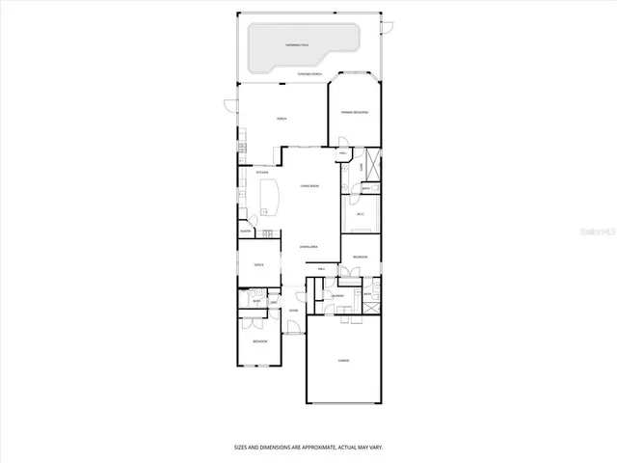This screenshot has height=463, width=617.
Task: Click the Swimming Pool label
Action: [296, 45]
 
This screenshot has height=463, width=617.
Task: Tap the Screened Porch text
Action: [308, 74]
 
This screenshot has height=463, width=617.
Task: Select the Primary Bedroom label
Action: [354, 113]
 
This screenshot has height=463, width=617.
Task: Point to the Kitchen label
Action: [261, 173]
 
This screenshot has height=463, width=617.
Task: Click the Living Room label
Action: [308, 186]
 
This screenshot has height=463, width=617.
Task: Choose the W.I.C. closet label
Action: [361, 214]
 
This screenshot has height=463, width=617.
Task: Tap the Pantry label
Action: [246, 231]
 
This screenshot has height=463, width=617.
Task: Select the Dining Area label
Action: [308, 247]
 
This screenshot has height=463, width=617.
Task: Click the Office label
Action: [258, 264]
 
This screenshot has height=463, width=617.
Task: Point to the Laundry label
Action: [337, 296]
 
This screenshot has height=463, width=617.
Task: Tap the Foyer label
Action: [293, 311]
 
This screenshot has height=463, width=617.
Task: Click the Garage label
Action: [343, 361]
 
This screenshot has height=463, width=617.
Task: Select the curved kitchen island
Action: [271, 198]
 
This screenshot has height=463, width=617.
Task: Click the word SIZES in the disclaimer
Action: [243, 448]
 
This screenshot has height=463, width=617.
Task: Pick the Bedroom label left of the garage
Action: [259, 341]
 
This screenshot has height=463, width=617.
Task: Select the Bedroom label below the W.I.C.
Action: [360, 257]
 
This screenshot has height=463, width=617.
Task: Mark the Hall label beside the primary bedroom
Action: [343, 153]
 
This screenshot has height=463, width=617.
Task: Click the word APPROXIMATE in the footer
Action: [317, 448]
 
